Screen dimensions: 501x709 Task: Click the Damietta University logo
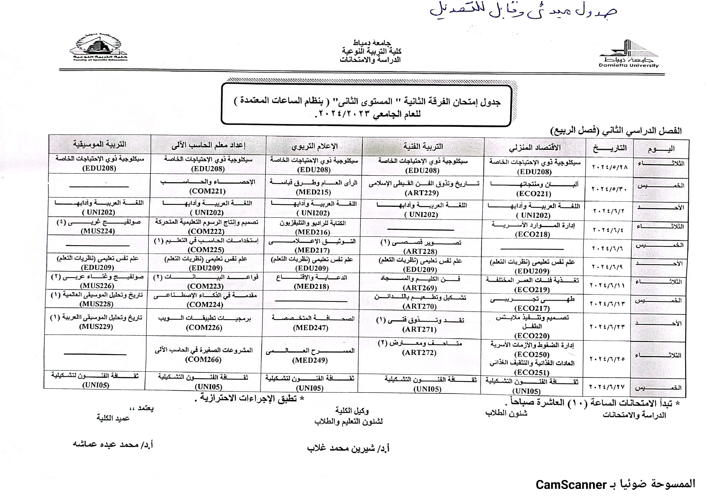tap(629, 53)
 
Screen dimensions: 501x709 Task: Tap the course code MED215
tap(313, 192)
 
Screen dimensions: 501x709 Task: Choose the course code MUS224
tap(98, 231)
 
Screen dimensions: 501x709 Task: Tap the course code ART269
tap(420, 288)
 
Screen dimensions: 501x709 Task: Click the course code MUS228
tap(97, 304)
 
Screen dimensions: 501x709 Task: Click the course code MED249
tap(310, 360)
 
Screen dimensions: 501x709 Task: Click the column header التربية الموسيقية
tap(99, 144)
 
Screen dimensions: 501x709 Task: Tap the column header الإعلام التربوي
tap(314, 146)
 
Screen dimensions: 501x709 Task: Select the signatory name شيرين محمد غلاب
tap(348, 448)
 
